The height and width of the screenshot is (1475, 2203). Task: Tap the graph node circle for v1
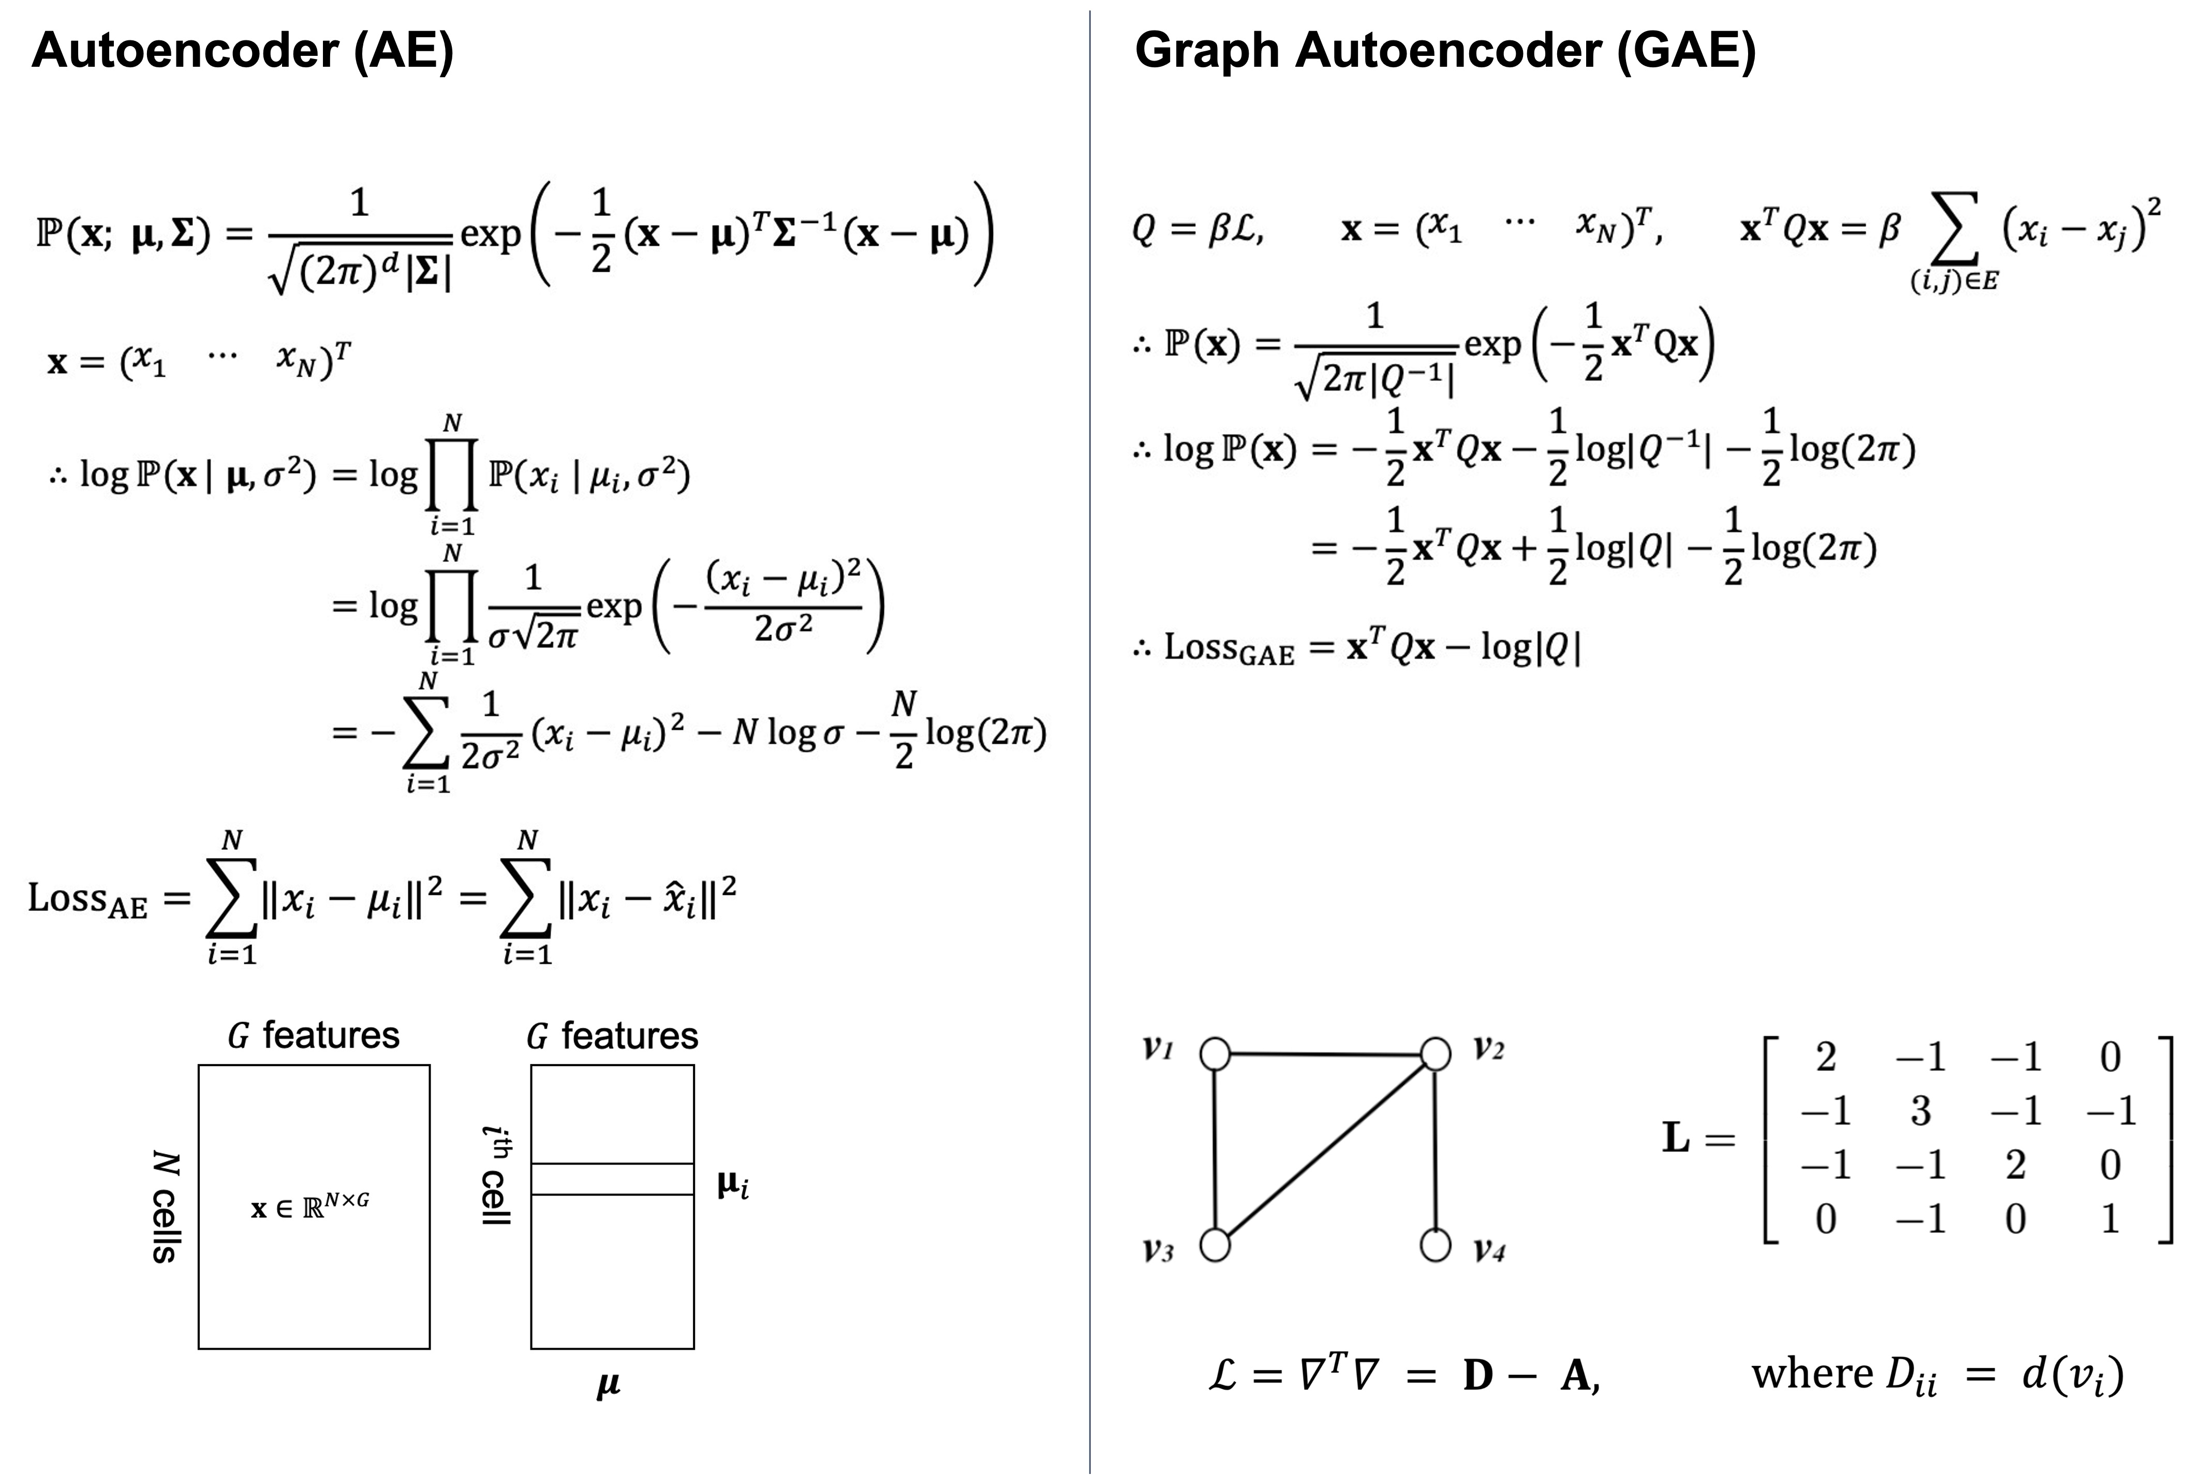pyautogui.click(x=1215, y=1054)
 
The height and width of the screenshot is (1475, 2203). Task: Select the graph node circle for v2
pyautogui.click(x=1436, y=1054)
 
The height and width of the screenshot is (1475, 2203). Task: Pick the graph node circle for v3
pyautogui.click(x=1215, y=1245)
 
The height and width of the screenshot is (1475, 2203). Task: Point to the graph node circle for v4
pyautogui.click(x=1436, y=1245)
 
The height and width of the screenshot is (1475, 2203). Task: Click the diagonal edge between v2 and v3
pyautogui.click(x=1325, y=1149)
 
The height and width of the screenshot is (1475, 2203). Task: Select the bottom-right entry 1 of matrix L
pyautogui.click(x=2110, y=1220)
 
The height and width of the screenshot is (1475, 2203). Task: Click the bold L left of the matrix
pyautogui.click(x=1675, y=1138)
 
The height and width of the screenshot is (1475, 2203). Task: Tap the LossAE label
pyautogui.click(x=87, y=899)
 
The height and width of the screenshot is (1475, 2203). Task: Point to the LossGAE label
pyautogui.click(x=1229, y=648)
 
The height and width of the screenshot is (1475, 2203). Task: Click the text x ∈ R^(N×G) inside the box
pyautogui.click(x=311, y=1206)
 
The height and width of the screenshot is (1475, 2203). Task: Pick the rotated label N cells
pyautogui.click(x=166, y=1206)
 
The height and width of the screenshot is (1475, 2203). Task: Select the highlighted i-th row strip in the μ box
pyautogui.click(x=612, y=1178)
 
